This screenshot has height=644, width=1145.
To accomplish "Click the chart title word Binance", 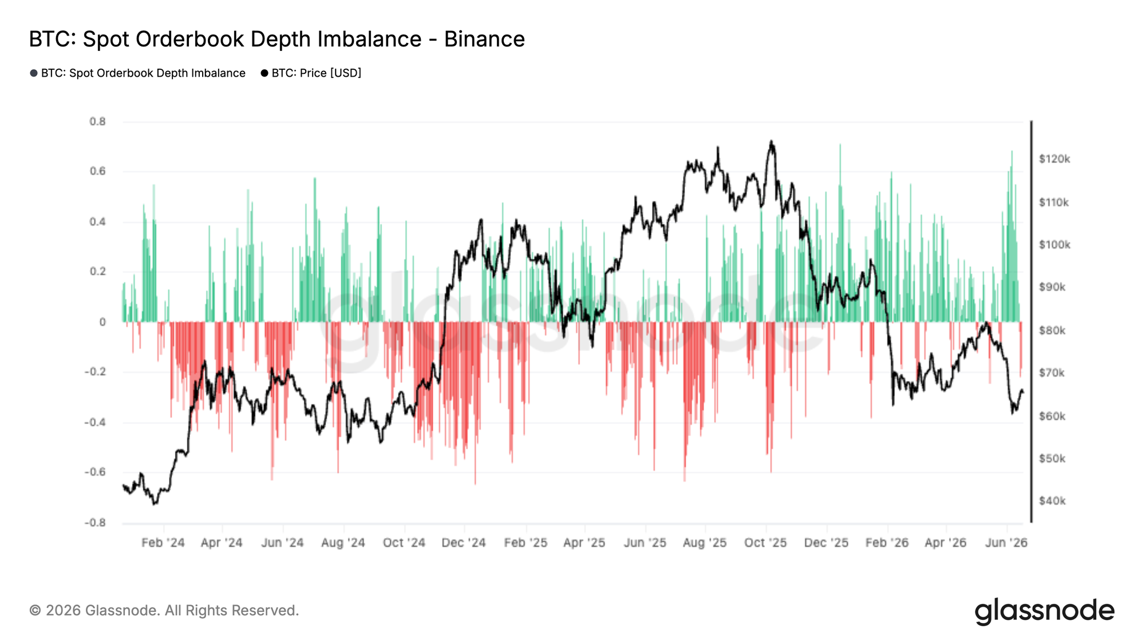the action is point(484,39).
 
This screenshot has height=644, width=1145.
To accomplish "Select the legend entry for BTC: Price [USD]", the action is point(311,73).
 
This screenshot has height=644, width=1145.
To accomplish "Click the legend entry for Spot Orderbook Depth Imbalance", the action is point(137,73).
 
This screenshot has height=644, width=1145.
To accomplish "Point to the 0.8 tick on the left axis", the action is point(98,121).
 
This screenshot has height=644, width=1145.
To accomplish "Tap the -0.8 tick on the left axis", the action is point(95,523).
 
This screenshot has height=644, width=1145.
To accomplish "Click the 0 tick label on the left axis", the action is point(102,322).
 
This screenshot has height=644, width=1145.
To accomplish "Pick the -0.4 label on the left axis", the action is point(95,422).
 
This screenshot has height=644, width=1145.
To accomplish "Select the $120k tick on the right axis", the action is point(1055,159).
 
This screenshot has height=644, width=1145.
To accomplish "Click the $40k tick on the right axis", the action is point(1052,501).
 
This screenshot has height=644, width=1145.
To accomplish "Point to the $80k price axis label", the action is point(1052,330).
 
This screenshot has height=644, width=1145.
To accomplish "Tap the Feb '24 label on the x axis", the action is point(163,543).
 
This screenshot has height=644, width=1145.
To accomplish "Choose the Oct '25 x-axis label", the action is point(765,543).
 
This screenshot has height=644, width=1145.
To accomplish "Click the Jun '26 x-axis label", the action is point(1006,543).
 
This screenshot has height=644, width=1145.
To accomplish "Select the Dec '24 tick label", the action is point(464,543).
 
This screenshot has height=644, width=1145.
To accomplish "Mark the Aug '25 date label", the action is point(705,543).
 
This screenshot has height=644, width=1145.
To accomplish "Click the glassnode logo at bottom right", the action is point(1045,611).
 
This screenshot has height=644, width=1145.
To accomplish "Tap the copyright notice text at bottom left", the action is point(164,610).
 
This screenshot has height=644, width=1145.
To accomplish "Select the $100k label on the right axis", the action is point(1055,245).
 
